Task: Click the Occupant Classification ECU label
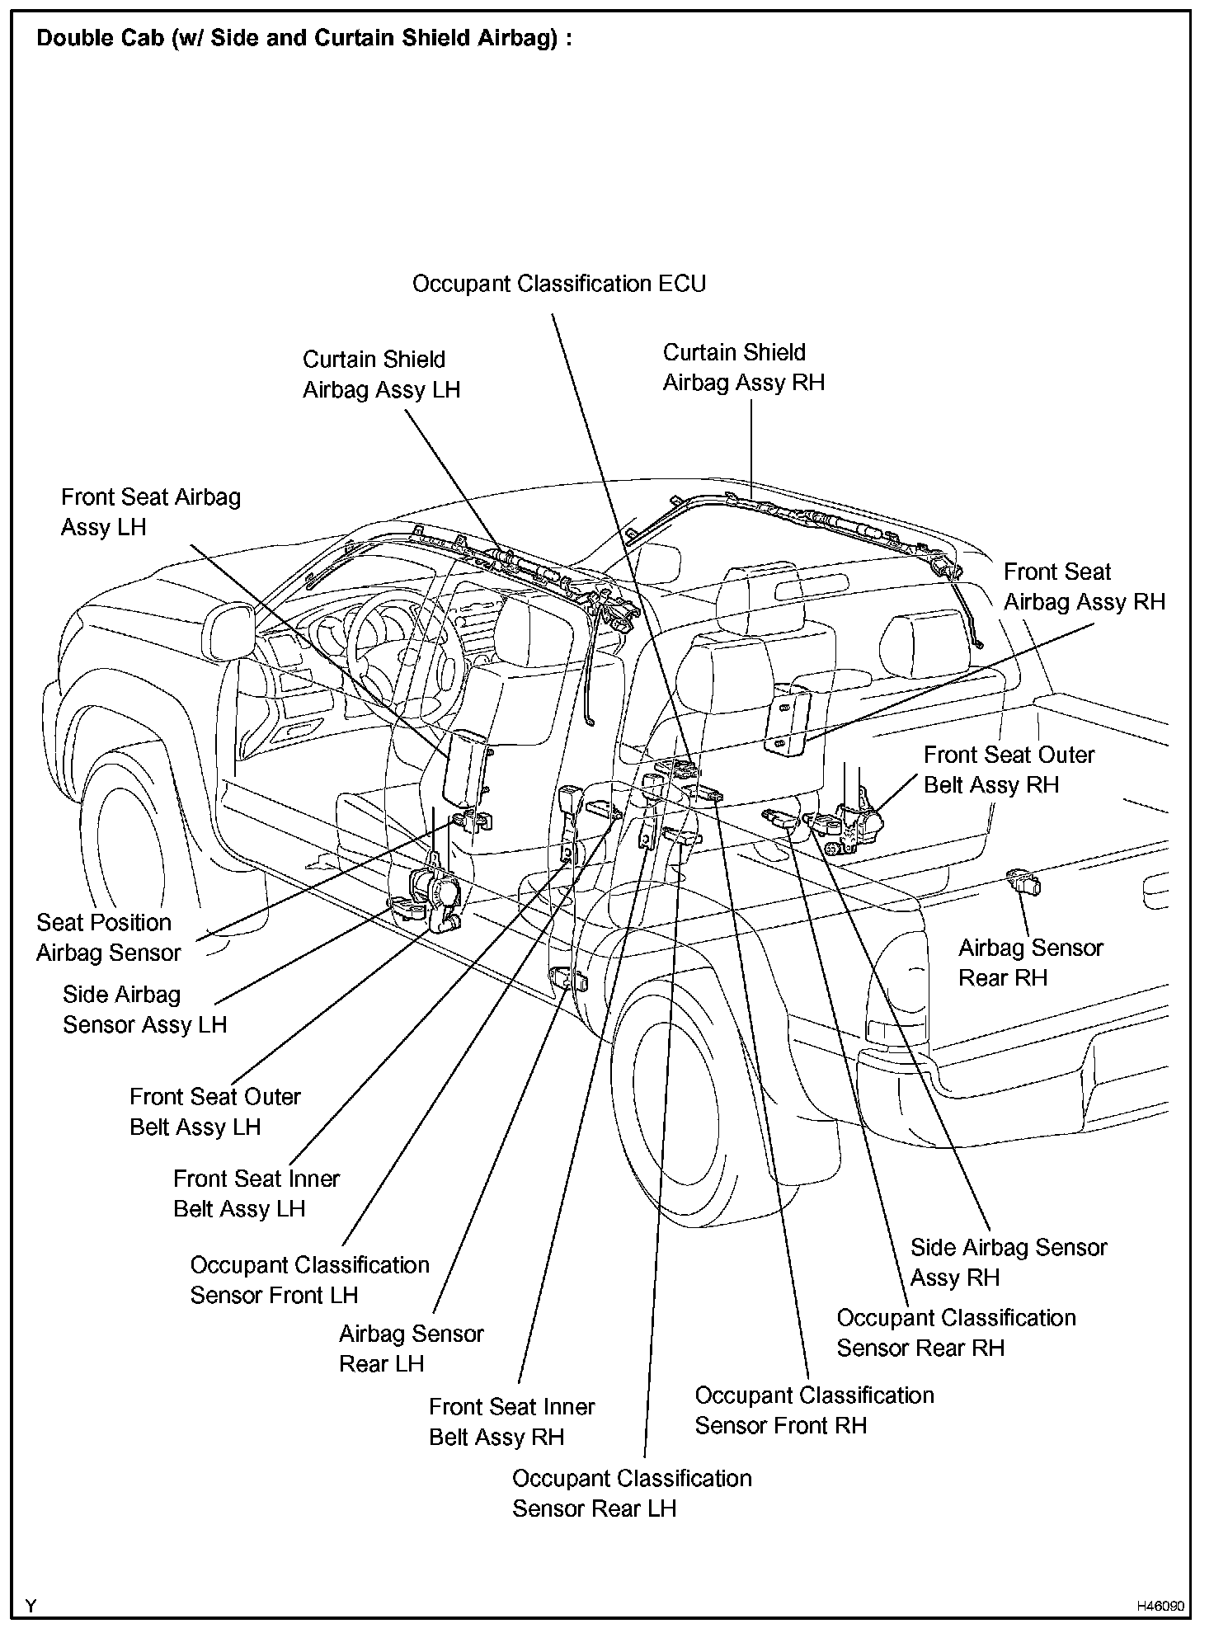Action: click(x=559, y=284)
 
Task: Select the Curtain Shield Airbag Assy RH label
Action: click(x=743, y=367)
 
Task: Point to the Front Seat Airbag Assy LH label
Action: click(x=151, y=512)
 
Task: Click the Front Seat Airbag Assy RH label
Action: click(x=1084, y=586)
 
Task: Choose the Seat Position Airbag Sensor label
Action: click(x=108, y=938)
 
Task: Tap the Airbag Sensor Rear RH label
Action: click(x=1030, y=962)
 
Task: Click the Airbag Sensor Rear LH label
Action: click(x=411, y=1348)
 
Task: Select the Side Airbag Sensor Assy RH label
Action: click(x=1008, y=1262)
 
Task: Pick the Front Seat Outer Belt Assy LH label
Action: click(x=214, y=1112)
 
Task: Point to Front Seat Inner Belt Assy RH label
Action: click(x=511, y=1422)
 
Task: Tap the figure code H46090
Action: click(x=1160, y=1607)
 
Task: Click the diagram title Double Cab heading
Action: click(x=304, y=39)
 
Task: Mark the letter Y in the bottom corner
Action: click(x=31, y=1606)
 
